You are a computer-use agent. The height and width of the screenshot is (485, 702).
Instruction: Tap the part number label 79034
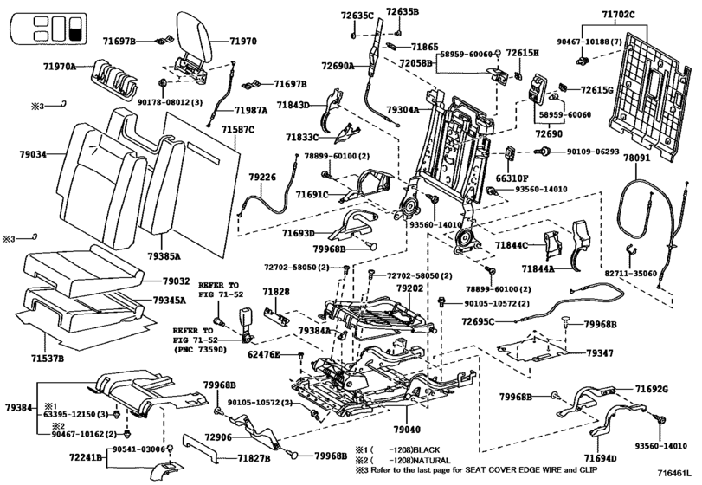[x=33, y=154]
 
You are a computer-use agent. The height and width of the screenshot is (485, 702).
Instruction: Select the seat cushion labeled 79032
[x=84, y=271]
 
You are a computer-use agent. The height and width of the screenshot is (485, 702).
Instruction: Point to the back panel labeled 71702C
[x=649, y=96]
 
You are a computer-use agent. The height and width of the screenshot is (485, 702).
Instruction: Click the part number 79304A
[x=403, y=110]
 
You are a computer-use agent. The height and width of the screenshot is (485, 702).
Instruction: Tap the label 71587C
[x=238, y=130]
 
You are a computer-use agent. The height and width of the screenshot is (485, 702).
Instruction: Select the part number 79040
[x=407, y=430]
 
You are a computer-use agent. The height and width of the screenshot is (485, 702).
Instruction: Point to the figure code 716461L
[x=673, y=473]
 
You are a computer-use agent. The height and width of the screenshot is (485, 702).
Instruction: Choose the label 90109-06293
[x=593, y=152]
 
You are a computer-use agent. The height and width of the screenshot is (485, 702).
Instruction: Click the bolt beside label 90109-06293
[x=543, y=152]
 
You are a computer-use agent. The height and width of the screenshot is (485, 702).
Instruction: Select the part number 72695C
[x=478, y=321]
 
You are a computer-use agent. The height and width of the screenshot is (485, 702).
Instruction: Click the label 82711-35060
[x=631, y=273]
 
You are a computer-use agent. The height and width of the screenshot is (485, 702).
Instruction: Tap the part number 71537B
[x=48, y=359]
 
